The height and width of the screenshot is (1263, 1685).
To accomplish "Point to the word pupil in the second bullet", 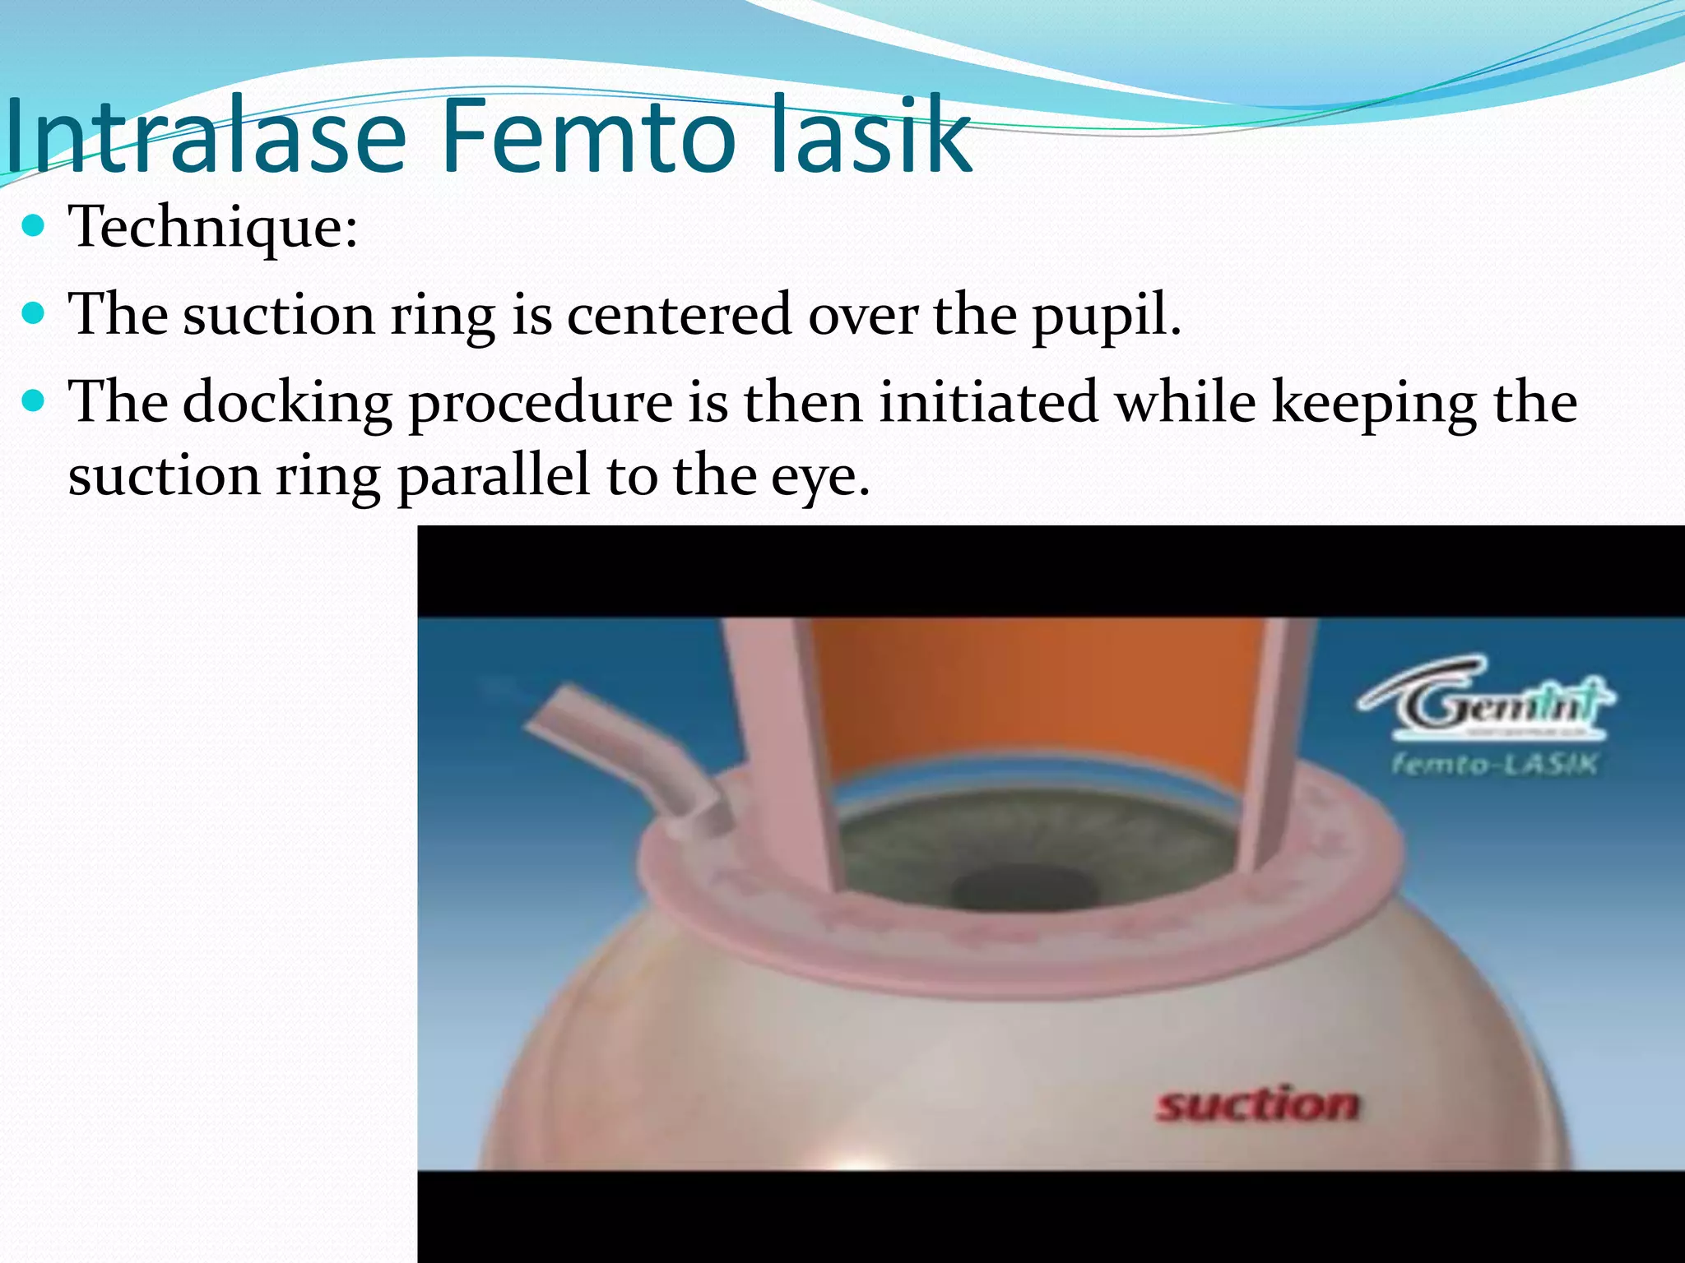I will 1106,316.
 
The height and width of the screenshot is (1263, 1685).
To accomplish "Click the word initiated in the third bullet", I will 988,402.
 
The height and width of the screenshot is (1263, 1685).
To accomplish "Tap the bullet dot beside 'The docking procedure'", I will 33,401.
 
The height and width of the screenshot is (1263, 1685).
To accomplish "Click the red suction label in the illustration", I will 1257,1104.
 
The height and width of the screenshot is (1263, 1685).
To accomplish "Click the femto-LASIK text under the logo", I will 1494,765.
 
